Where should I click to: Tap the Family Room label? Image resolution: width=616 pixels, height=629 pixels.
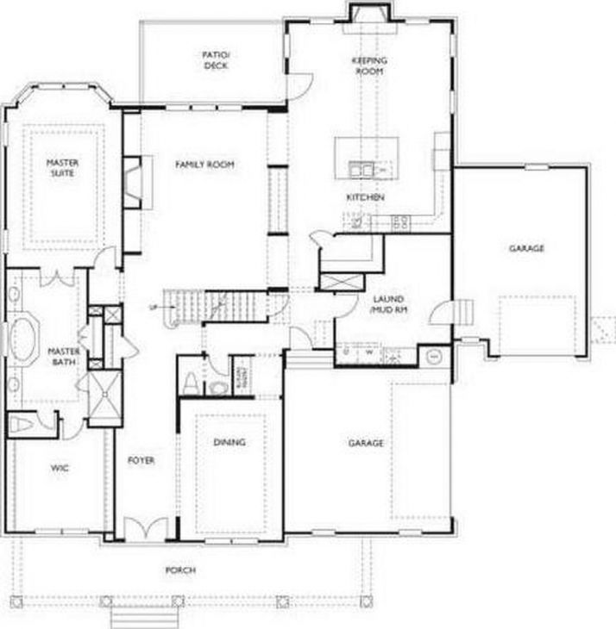pos(204,164)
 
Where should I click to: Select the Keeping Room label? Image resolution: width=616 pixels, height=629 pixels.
pos(369,66)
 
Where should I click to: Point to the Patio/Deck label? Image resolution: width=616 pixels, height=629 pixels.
pos(215,59)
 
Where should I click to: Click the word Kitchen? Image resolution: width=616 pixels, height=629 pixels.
pos(365,197)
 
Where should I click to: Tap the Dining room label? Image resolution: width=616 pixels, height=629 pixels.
pos(229,442)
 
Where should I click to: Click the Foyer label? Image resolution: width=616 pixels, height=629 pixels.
pos(141,461)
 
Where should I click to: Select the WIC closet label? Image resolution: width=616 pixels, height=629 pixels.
pos(59,468)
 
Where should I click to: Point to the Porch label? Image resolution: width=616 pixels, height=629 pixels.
pos(180,570)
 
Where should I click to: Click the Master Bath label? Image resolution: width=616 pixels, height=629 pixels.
pos(63,357)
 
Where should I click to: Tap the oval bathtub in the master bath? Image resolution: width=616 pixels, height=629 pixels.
pos(21,338)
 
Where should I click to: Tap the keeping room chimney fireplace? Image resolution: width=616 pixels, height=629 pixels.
pos(369,13)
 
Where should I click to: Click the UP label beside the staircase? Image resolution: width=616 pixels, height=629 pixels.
pos(154,307)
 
